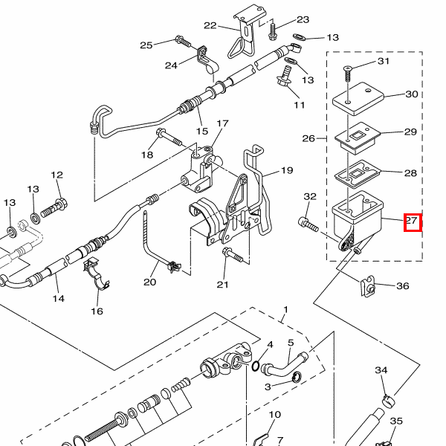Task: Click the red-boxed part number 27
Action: coord(412,221)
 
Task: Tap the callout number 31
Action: coord(383,61)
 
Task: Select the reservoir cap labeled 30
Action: coord(358,98)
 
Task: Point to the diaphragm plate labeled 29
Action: coord(358,138)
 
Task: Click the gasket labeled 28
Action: coord(358,175)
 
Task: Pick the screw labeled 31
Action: coord(348,74)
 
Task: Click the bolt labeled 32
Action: coord(308,224)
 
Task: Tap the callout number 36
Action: coord(402,285)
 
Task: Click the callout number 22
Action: coord(210,25)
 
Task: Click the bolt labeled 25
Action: coord(183,42)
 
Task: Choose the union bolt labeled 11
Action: coord(284,75)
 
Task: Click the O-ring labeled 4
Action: coord(256,366)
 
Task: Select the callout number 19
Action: coord(287,170)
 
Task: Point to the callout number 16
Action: coord(97,311)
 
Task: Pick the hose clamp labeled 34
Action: coord(389,400)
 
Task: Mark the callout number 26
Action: coord(308,138)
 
